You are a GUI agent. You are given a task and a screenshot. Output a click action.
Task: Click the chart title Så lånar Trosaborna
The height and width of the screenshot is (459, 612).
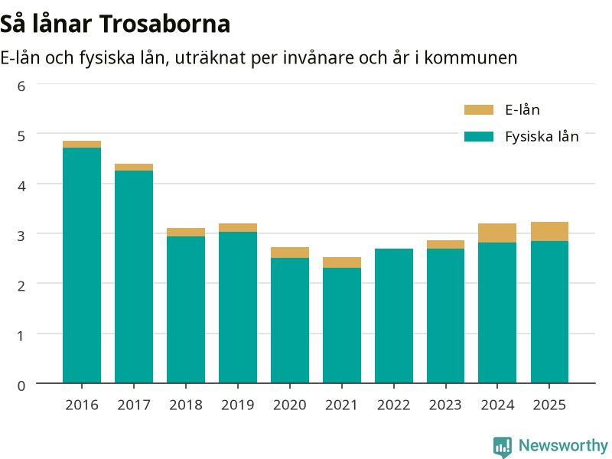[116, 24]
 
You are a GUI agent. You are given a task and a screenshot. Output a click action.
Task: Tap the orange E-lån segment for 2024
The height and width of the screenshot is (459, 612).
[497, 233]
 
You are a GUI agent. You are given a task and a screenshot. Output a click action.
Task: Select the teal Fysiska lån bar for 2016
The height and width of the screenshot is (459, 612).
[82, 265]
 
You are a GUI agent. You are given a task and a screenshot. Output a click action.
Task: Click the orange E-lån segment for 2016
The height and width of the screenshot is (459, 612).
[82, 145]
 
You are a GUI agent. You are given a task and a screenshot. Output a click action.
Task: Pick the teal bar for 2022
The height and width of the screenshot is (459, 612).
[394, 316]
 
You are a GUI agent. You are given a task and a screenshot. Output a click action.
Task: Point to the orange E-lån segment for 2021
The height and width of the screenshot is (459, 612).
[342, 262]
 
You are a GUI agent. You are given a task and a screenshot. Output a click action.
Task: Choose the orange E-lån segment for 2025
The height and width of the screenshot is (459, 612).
[549, 232]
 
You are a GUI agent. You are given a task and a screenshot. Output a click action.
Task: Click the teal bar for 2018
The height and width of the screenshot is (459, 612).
[186, 310]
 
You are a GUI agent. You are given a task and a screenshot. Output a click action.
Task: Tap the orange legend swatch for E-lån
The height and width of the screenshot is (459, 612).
[479, 109]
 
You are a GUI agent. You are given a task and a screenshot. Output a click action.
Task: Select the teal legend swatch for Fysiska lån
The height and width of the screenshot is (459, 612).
[479, 137]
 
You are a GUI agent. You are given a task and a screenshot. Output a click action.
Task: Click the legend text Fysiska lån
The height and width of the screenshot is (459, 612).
[542, 137]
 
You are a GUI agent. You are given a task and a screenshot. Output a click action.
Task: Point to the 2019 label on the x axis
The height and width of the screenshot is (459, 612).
[238, 405]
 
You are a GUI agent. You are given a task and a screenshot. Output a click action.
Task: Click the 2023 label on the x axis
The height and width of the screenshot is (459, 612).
[445, 405]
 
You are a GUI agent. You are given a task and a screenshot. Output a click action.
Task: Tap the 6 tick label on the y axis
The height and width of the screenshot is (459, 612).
[21, 86]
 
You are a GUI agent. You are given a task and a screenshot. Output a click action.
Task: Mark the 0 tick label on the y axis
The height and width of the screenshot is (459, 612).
[21, 386]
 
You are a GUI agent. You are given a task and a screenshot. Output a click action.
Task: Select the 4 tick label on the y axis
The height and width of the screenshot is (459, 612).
[21, 186]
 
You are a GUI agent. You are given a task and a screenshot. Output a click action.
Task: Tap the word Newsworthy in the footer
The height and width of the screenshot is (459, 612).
[563, 445]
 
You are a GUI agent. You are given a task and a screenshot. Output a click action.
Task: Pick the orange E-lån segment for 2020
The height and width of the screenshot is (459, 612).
[290, 252]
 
